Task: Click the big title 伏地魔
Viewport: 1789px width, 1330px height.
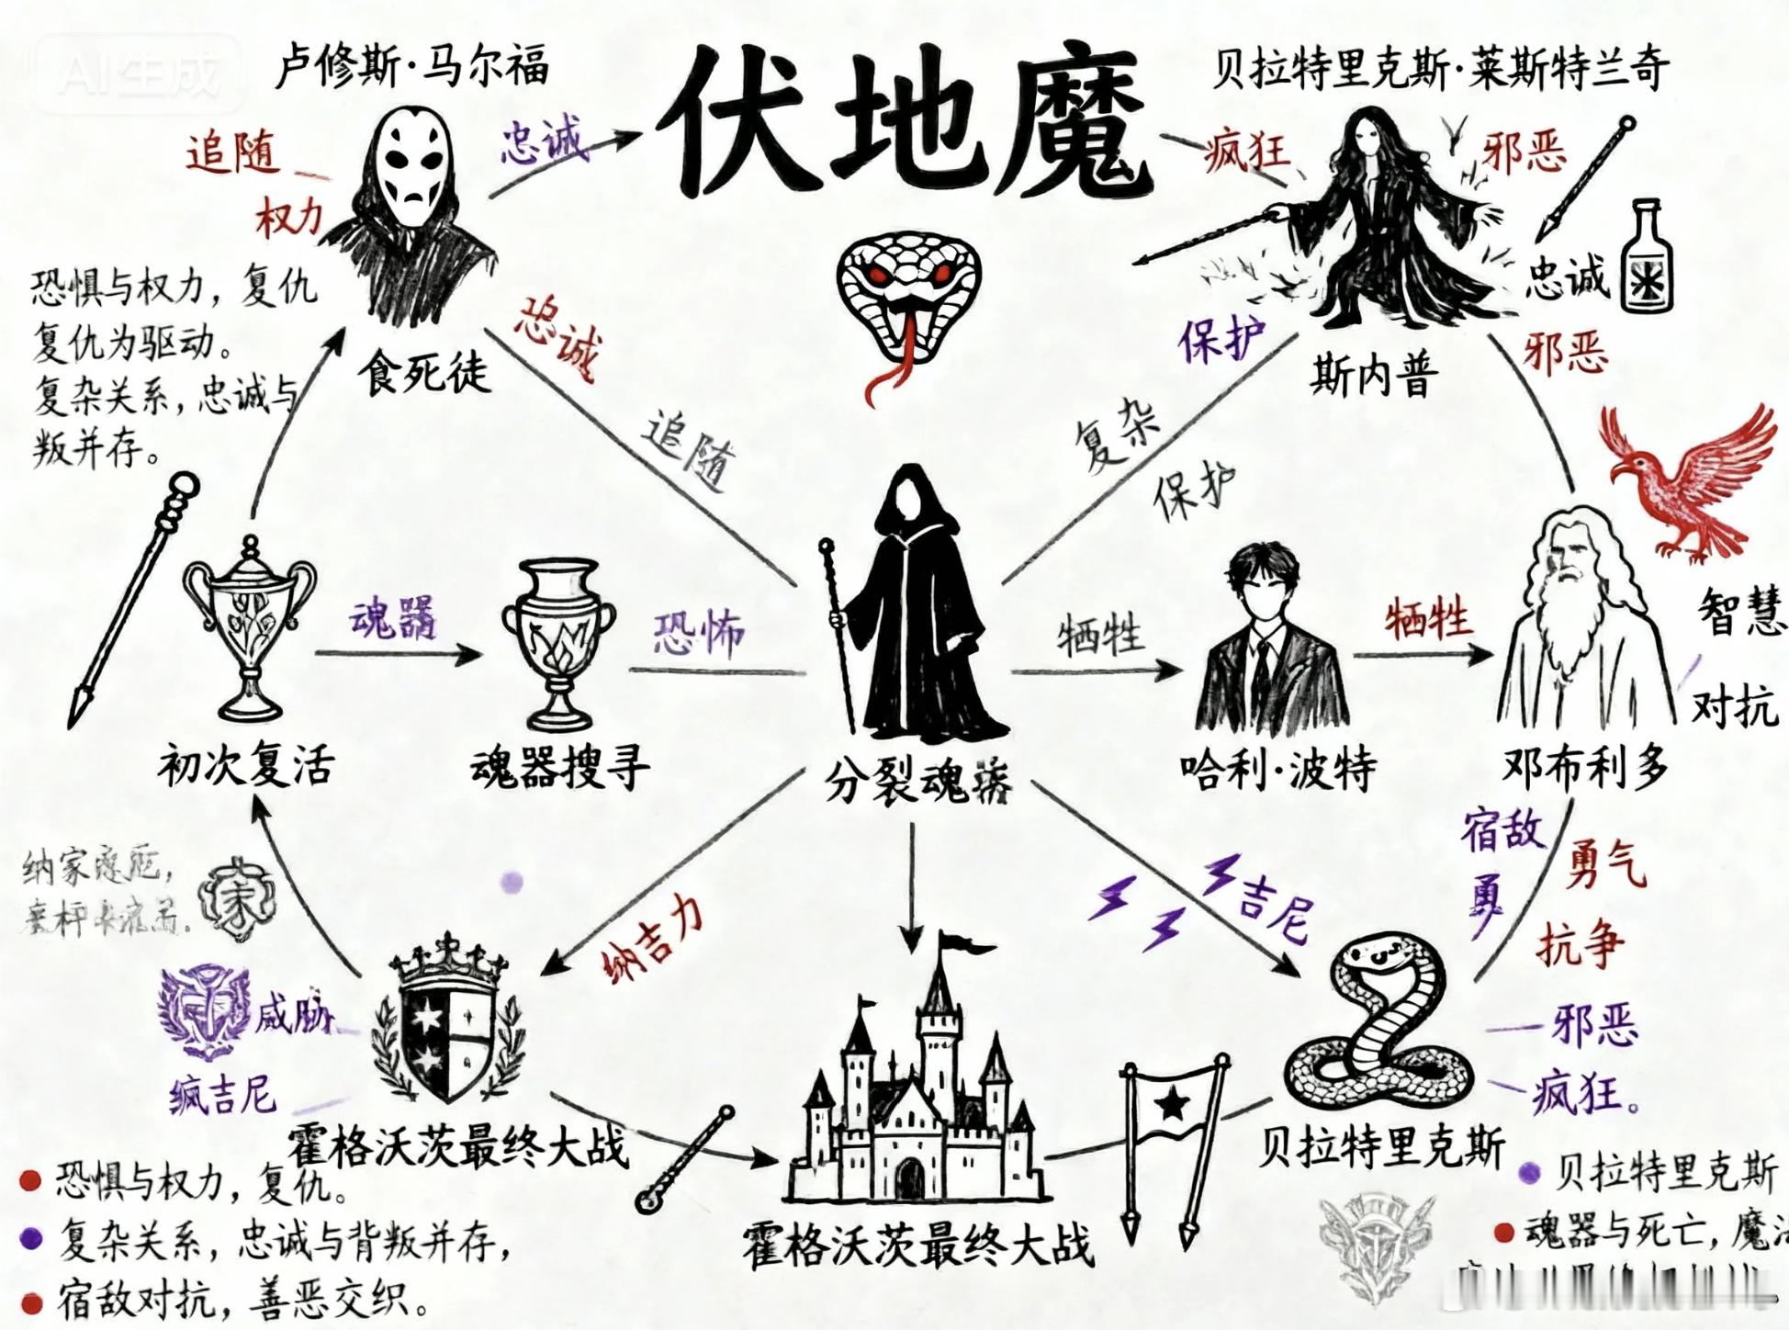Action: click(x=905, y=124)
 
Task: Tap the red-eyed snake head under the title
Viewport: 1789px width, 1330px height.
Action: click(x=907, y=294)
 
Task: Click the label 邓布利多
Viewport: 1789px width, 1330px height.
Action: click(x=1585, y=765)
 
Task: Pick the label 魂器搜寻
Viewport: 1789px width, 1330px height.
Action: click(x=560, y=768)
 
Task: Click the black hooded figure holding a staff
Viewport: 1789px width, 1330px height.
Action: click(x=909, y=606)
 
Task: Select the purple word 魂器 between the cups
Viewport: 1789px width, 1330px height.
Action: click(x=394, y=617)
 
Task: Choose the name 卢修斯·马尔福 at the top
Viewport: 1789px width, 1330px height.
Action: click(x=412, y=66)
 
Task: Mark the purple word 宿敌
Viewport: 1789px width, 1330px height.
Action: click(x=1502, y=830)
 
